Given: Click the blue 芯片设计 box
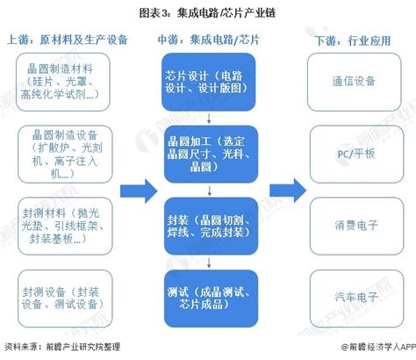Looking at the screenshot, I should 208,81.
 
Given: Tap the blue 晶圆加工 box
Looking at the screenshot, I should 208,151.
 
